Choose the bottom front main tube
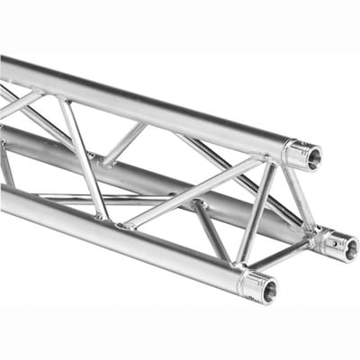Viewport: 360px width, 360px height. (x=117, y=238)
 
